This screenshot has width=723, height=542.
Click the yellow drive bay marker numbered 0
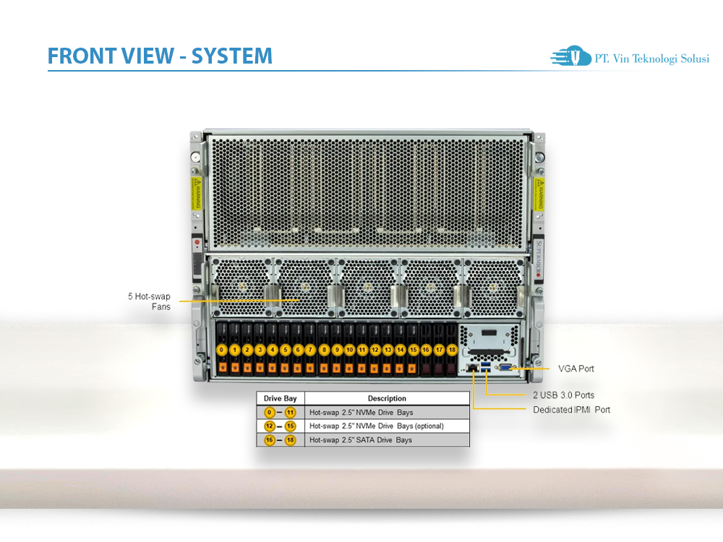[222, 350]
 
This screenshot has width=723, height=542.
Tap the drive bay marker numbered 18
[452, 350]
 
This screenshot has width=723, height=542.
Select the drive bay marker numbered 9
[337, 350]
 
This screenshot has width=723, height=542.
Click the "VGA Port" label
[576, 369]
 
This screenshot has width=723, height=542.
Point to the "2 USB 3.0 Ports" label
[564, 395]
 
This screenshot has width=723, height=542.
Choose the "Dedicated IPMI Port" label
[572, 410]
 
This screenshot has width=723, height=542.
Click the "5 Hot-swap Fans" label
[150, 301]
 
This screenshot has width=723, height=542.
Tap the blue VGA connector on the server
[505, 369]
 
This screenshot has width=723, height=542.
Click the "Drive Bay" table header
[281, 398]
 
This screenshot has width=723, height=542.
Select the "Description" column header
[387, 398]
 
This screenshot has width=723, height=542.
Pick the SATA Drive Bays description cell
[361, 439]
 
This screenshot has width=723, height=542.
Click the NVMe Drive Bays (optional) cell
[376, 426]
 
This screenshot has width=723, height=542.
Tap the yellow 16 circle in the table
[269, 439]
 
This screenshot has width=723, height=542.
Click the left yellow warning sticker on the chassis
[195, 194]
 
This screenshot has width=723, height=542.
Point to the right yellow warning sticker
[539, 194]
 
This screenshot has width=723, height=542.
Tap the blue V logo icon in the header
[576, 56]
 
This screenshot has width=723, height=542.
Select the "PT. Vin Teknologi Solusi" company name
[651, 59]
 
